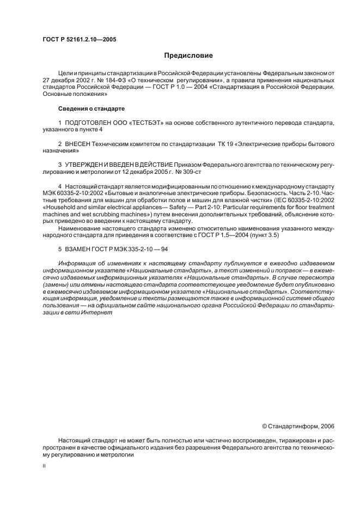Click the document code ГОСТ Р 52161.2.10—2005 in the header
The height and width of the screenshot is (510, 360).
[79, 40]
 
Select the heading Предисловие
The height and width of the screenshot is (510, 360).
[188, 56]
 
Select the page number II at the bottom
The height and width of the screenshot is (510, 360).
[44, 466]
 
